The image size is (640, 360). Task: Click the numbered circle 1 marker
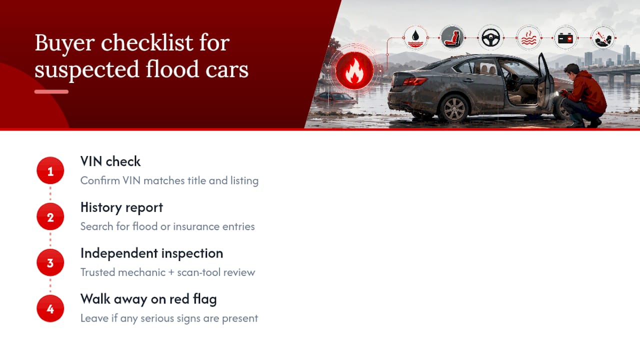pyautogui.click(x=50, y=170)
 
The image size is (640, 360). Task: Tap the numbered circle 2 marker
pyautogui.click(x=50, y=216)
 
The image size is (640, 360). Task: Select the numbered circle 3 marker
pyautogui.click(x=50, y=262)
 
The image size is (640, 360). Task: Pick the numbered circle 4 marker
pyautogui.click(x=50, y=308)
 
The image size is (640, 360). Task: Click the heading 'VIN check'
pyautogui.click(x=110, y=161)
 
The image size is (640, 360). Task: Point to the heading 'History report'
pyautogui.click(x=121, y=207)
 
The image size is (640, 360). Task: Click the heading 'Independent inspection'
pyautogui.click(x=151, y=253)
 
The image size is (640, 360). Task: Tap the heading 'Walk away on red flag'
pyautogui.click(x=148, y=299)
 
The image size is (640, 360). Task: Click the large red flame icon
pyautogui.click(x=354, y=70)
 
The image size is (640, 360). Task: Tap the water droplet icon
pyautogui.click(x=415, y=37)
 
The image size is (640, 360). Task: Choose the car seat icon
pyautogui.click(x=452, y=37)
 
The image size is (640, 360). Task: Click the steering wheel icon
pyautogui.click(x=491, y=37)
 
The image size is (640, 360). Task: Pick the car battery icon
pyautogui.click(x=565, y=37)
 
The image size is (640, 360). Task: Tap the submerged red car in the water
pyautogui.click(x=335, y=97)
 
